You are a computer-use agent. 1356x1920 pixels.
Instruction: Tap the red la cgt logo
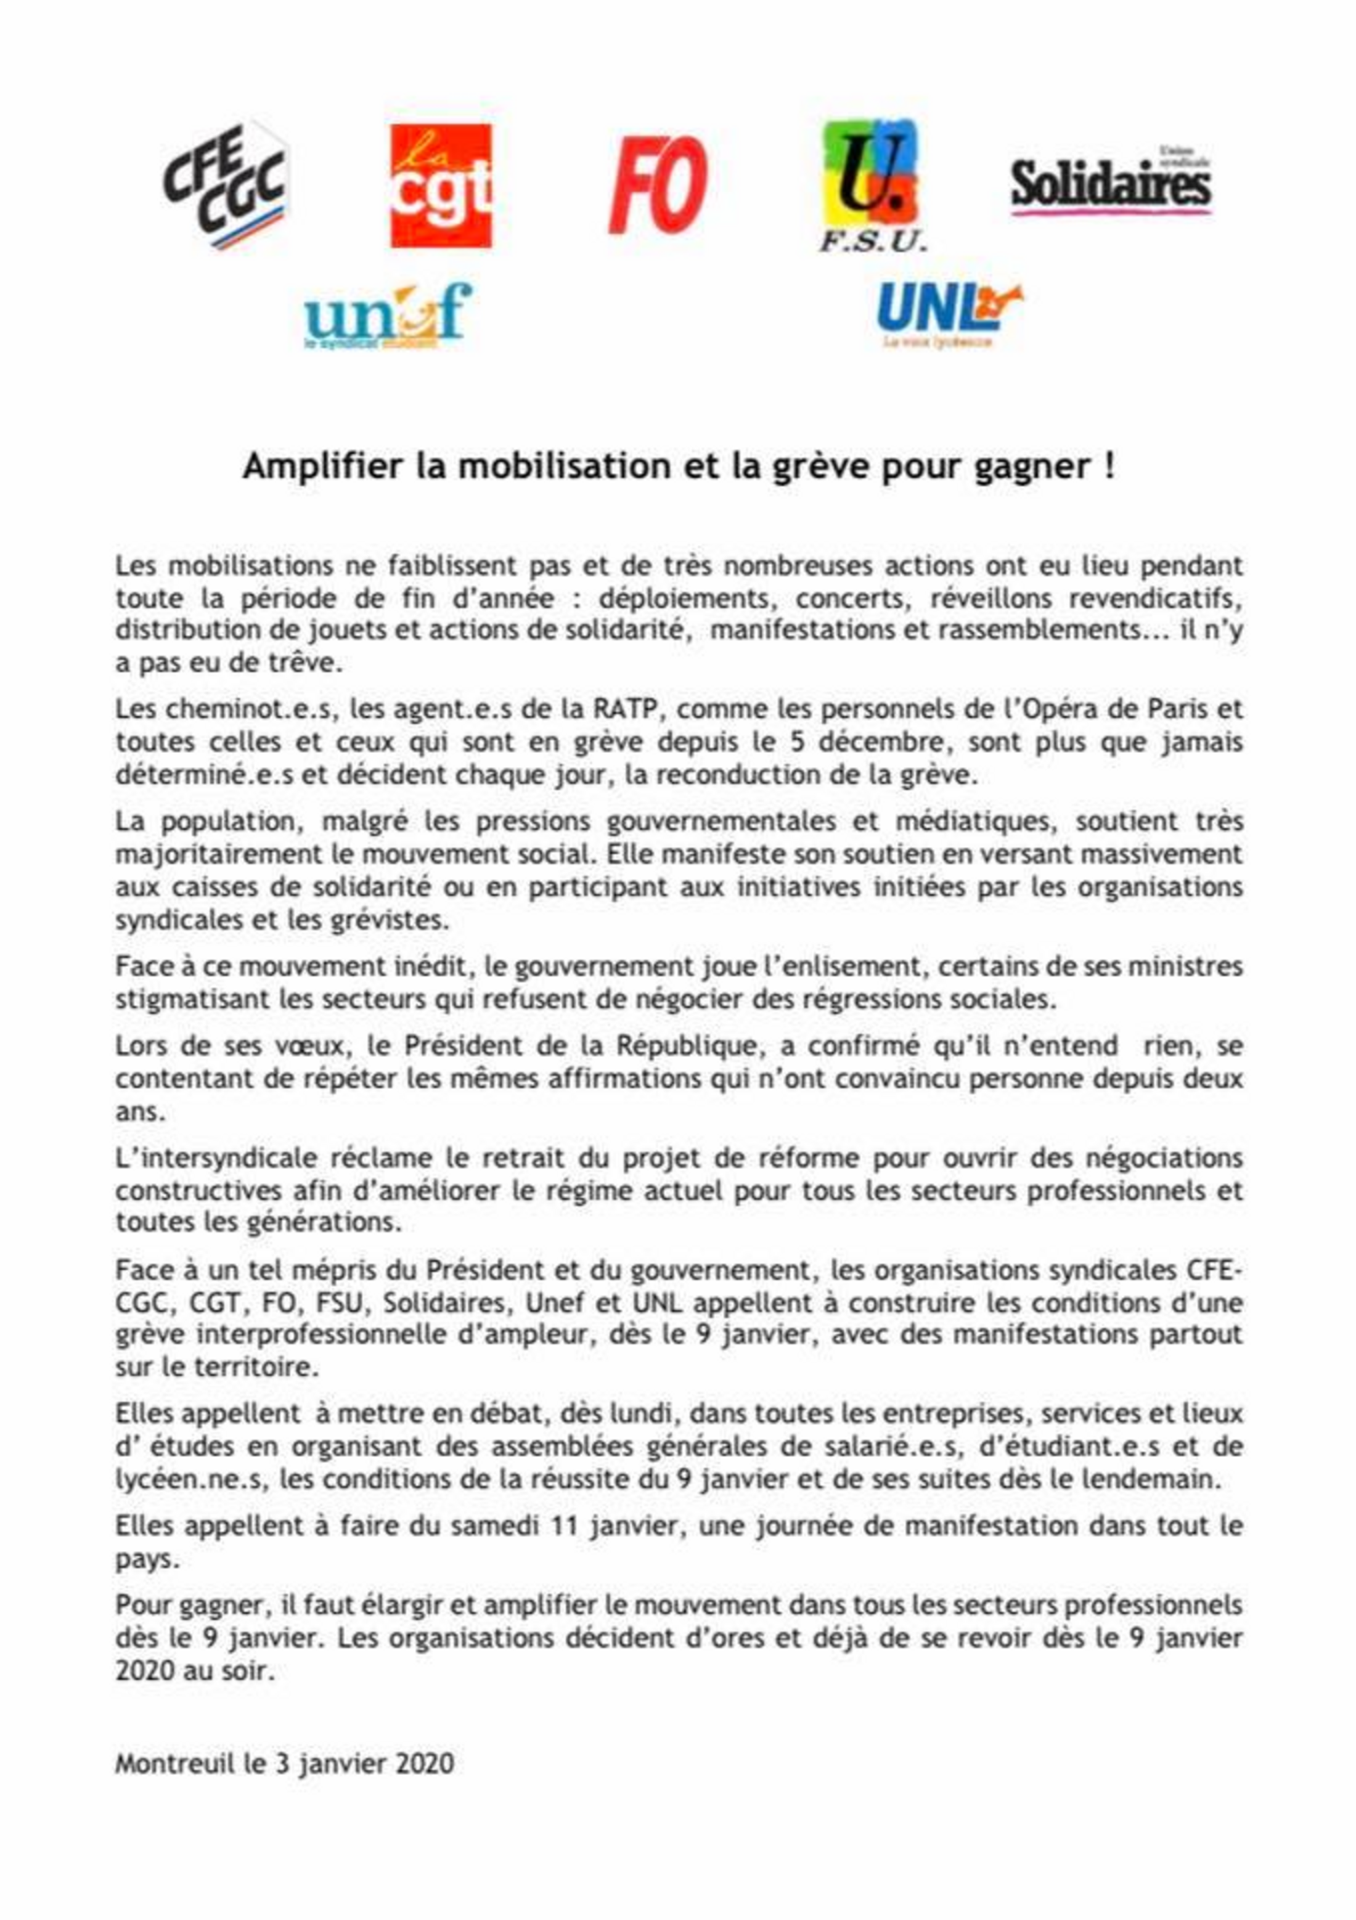pyautogui.click(x=441, y=186)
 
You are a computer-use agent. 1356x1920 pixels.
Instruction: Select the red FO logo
pyautogui.click(x=658, y=185)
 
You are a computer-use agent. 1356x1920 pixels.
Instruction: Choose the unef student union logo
pyautogui.click(x=388, y=316)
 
